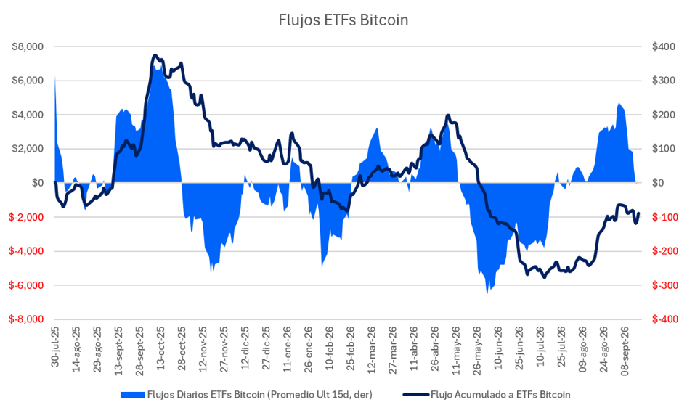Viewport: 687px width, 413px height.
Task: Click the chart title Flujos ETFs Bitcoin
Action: coord(343,20)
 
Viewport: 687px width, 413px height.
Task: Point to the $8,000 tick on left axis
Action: coord(28,46)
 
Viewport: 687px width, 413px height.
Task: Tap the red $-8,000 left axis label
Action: coord(26,319)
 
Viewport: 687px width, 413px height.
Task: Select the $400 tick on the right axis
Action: coord(663,46)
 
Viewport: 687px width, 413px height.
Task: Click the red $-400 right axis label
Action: coord(663,319)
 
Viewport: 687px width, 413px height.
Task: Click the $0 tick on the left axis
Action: coord(38,183)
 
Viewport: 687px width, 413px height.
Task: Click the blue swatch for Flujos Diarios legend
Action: coord(132,395)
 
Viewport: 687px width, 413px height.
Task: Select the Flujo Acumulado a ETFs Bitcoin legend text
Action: coord(500,395)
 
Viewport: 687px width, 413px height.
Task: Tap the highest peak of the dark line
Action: coord(155,56)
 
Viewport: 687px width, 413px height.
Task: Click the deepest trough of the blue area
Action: coord(487,293)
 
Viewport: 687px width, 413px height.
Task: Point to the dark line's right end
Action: coord(638,213)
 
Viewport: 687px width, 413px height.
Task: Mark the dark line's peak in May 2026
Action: coord(447,115)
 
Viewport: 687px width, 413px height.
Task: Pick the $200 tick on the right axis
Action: coord(663,115)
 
